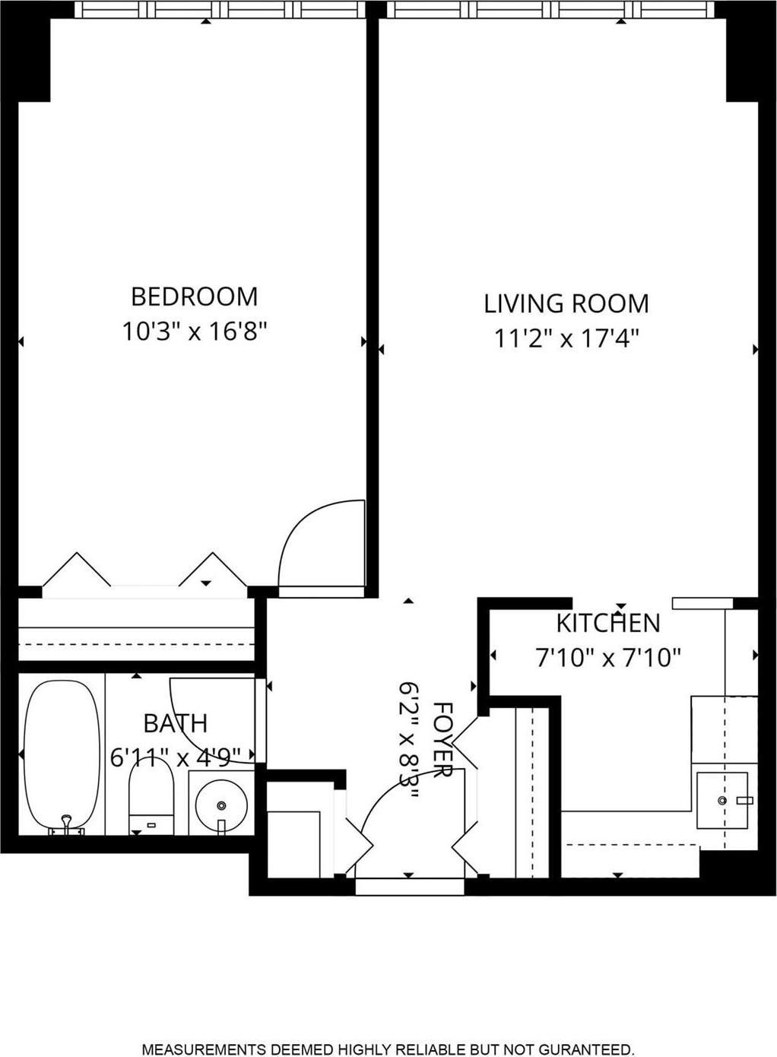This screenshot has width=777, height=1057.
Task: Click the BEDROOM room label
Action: [x=194, y=296]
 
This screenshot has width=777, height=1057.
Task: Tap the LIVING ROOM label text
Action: [x=566, y=303]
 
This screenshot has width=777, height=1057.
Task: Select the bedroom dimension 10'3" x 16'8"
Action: [x=195, y=332]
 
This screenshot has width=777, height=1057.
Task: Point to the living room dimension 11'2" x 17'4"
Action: [x=566, y=338]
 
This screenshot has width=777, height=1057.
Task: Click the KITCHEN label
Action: [x=608, y=623]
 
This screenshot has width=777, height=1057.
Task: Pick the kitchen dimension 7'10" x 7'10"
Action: [x=608, y=657]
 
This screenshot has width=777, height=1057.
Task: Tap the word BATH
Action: [x=175, y=722]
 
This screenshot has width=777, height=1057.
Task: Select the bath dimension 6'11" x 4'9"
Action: [x=176, y=757]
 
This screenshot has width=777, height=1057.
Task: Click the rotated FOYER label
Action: [x=442, y=739]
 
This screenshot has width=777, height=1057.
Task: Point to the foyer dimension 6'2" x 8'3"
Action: [x=410, y=739]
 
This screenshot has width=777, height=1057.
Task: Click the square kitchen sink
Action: [x=722, y=800]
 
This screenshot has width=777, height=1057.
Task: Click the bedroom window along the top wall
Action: [x=220, y=10]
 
